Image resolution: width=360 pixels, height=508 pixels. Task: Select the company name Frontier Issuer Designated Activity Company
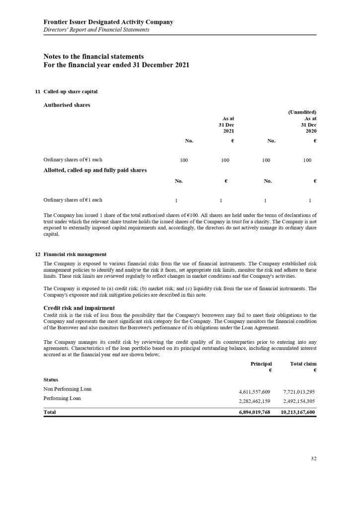point(108,22)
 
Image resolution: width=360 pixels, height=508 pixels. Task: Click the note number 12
point(38,254)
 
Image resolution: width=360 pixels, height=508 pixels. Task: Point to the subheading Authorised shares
point(67,105)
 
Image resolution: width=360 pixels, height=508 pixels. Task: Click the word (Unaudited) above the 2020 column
point(302,112)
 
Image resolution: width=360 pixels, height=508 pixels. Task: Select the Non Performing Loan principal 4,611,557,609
point(255,392)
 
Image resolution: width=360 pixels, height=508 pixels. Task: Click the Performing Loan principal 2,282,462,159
point(255,401)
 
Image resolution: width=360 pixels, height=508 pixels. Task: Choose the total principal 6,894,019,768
point(254,412)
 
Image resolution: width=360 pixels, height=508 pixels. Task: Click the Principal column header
point(261,364)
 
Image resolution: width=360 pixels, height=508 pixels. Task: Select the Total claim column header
point(303,364)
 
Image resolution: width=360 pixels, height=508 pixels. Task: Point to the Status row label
point(51,380)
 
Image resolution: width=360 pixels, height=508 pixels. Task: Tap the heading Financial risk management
point(75,254)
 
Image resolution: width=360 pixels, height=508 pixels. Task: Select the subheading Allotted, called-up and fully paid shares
point(95,170)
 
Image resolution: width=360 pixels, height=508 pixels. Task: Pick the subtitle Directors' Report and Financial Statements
point(96,30)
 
